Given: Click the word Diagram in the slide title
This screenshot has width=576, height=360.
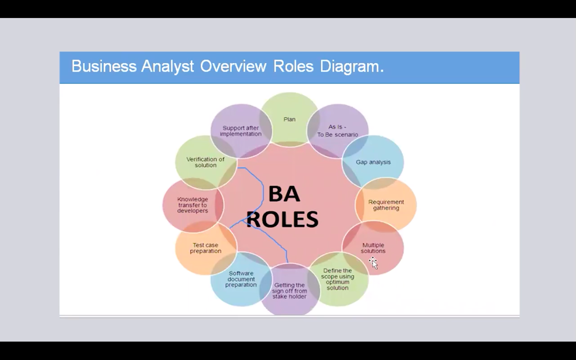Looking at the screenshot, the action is [x=352, y=66].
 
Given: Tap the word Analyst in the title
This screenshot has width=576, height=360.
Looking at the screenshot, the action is [x=167, y=66].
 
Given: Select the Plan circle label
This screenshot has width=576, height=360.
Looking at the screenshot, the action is [x=290, y=119].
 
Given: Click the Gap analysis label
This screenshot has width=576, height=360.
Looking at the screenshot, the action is [x=373, y=162].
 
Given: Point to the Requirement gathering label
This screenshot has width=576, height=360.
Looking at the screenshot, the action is [x=386, y=205].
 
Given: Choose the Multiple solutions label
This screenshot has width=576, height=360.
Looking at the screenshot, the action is [x=373, y=248].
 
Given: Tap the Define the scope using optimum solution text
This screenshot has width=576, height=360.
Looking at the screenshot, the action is [x=338, y=279].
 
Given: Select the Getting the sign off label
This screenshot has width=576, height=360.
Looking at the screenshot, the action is [x=290, y=291].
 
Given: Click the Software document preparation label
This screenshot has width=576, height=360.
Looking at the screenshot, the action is [x=241, y=279].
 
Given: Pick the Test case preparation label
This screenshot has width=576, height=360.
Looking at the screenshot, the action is [x=206, y=248].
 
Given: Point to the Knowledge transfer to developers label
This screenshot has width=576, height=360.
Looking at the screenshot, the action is [x=193, y=205].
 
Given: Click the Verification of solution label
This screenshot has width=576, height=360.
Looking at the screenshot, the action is [x=206, y=162].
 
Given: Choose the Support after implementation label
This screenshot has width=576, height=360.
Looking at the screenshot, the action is [x=241, y=131].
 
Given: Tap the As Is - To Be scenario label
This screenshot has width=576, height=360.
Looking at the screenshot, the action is [x=337, y=131].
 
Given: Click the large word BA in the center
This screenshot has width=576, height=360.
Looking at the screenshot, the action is [x=284, y=194].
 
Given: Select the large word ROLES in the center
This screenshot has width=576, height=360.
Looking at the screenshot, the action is [x=282, y=219].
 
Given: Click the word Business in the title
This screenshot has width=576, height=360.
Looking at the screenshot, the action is [x=104, y=66].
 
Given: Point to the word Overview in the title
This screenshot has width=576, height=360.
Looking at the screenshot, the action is [x=233, y=66].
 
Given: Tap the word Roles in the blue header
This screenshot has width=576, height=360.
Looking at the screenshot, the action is [x=294, y=66].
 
